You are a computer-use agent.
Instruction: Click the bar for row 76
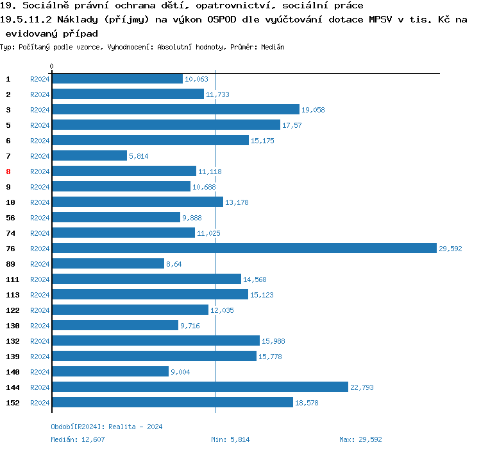(244, 249)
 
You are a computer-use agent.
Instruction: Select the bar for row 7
(89, 156)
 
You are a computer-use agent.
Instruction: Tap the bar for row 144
(199, 387)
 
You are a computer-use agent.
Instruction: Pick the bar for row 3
(175, 110)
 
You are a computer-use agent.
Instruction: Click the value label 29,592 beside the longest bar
(450, 249)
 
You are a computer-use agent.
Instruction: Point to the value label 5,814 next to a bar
(139, 156)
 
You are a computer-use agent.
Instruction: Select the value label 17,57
(292, 125)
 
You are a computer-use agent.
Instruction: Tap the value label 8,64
(174, 264)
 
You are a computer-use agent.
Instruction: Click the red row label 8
(8, 172)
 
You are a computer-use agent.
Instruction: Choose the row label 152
(13, 403)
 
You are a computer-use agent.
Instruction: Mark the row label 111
(13, 279)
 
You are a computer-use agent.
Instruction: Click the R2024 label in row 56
(40, 218)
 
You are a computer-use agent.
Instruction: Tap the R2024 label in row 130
(40, 326)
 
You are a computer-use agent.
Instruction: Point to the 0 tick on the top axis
(52, 66)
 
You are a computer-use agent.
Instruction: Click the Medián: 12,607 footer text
(78, 439)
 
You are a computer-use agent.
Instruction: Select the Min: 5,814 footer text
(230, 439)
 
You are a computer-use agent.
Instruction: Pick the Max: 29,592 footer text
(360, 439)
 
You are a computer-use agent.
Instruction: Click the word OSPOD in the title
(223, 19)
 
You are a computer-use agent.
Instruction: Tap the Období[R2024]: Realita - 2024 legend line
(106, 427)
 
